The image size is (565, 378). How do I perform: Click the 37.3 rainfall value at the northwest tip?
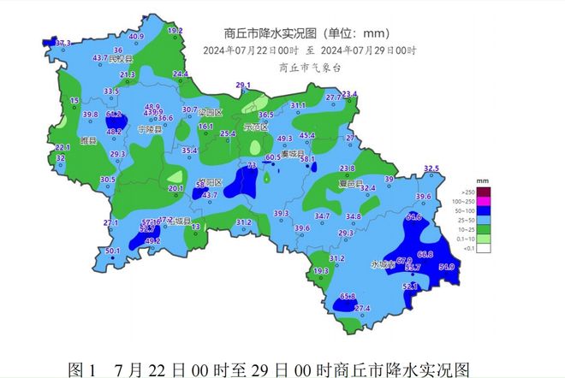(62, 42)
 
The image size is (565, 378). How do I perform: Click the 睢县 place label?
(89, 139)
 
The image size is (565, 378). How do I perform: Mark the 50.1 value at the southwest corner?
(112, 251)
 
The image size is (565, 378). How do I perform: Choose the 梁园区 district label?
(209, 113)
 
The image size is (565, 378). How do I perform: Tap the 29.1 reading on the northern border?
(243, 85)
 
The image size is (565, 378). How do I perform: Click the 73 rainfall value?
(252, 165)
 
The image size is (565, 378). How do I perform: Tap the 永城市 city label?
(383, 264)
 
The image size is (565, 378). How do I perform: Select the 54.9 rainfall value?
(446, 268)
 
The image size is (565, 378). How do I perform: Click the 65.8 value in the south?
(348, 296)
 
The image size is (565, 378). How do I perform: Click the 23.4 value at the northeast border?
(349, 94)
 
